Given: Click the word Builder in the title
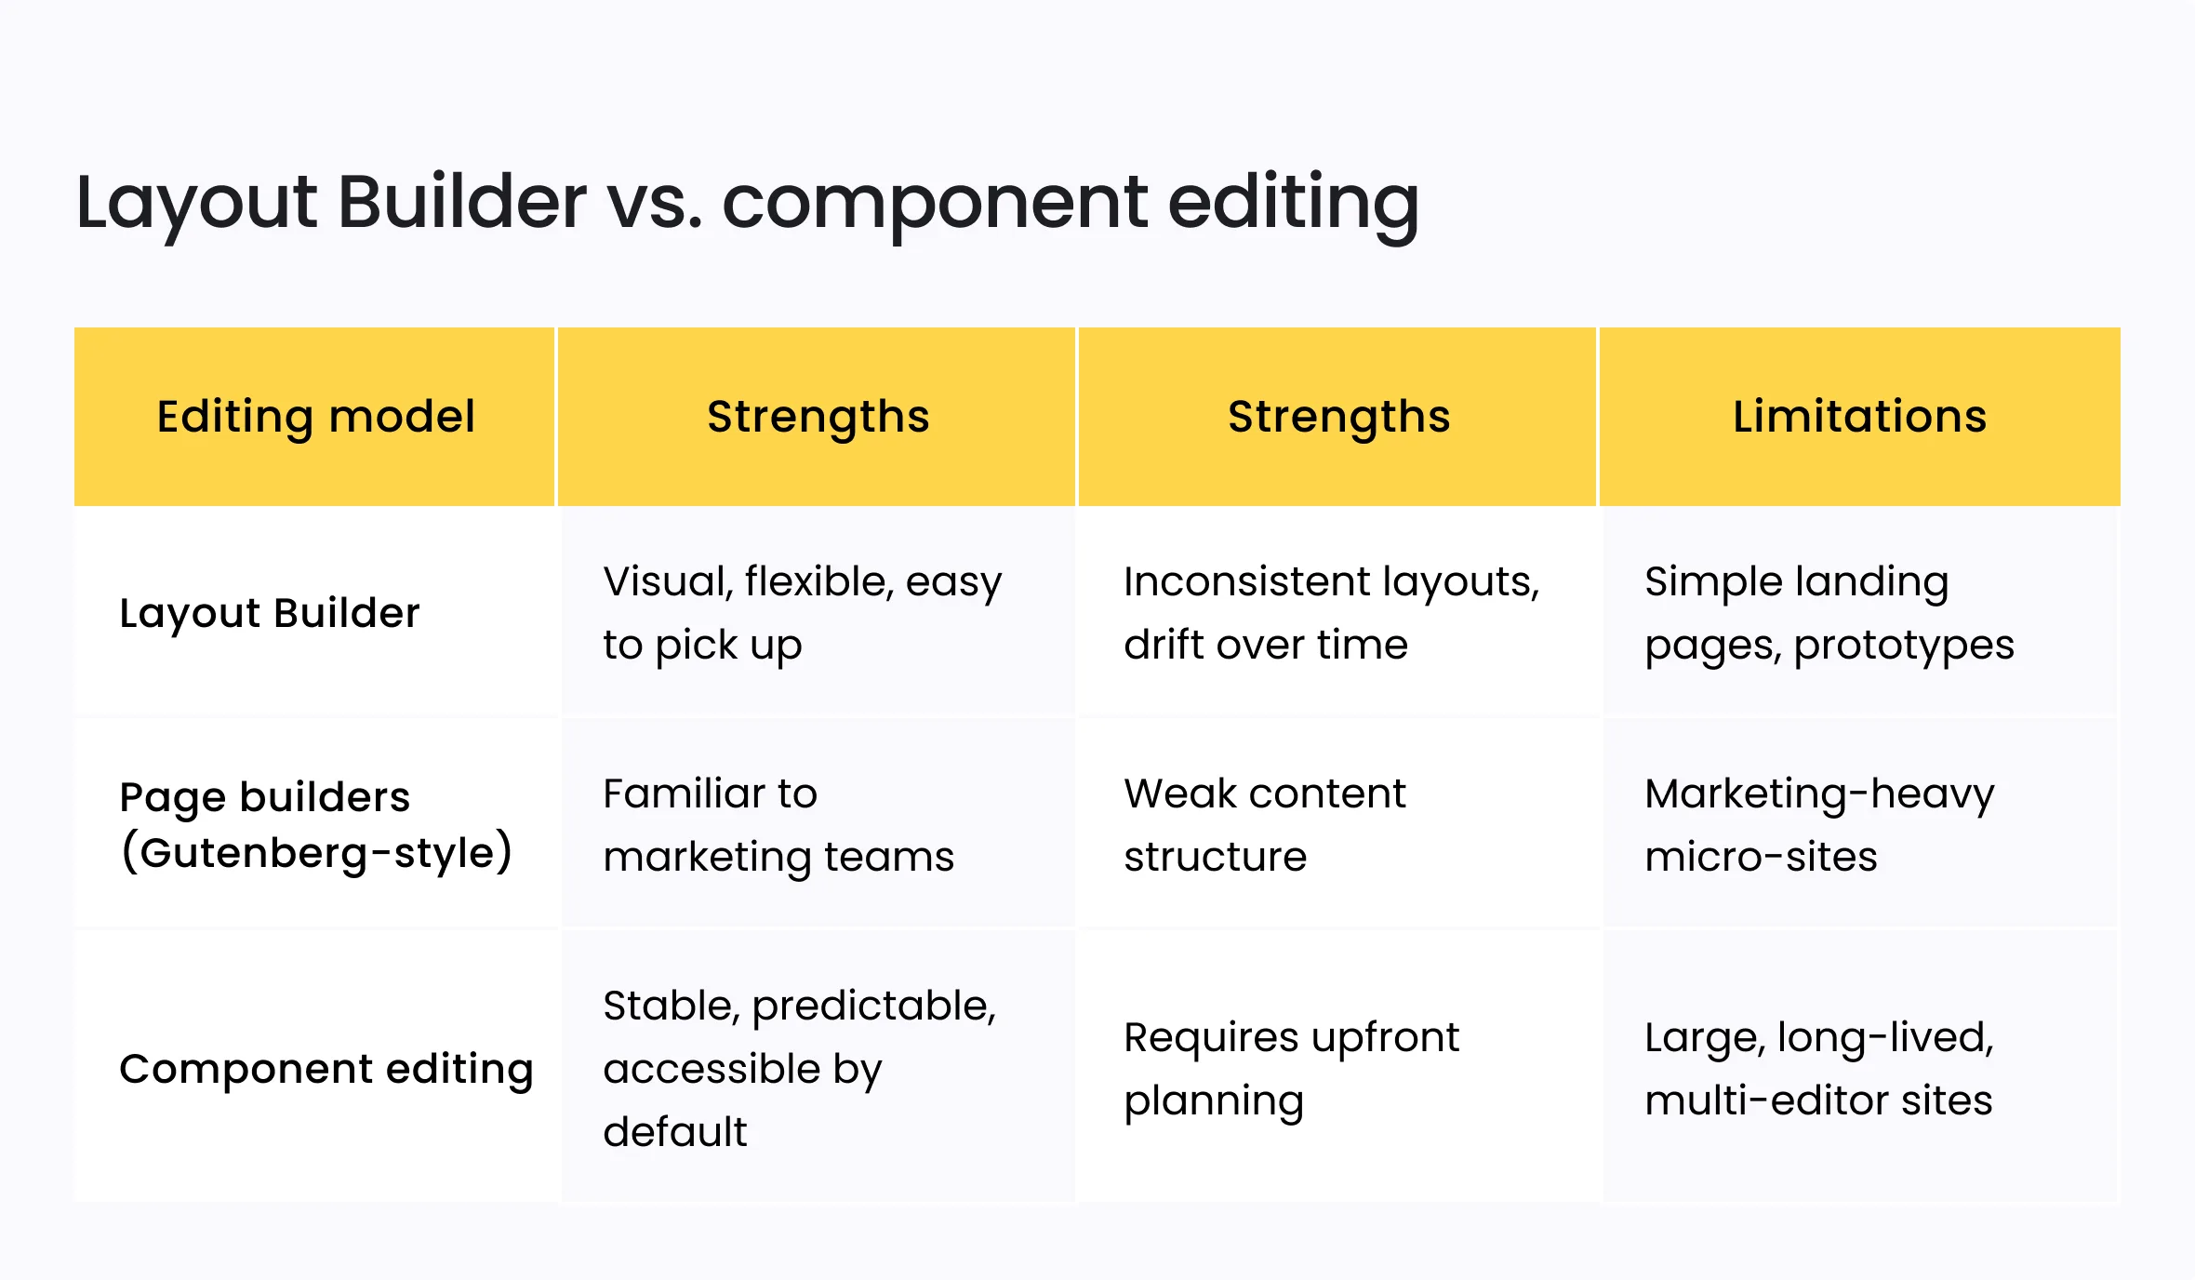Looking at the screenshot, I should click(x=461, y=202).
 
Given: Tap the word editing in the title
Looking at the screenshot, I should click(x=1293, y=202).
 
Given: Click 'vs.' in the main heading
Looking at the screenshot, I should click(x=654, y=202).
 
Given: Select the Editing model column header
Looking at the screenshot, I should click(x=315, y=416).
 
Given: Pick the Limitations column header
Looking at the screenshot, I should click(x=1859, y=416).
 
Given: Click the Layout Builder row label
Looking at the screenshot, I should click(x=270, y=613).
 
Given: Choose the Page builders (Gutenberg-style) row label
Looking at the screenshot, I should click(x=315, y=824).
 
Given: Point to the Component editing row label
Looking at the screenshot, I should click(x=326, y=1069).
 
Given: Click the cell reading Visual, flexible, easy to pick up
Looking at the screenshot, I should click(x=802, y=613).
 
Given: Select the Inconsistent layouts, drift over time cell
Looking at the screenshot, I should click(x=1331, y=613).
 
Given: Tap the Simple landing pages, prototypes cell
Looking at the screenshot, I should click(x=1829, y=613).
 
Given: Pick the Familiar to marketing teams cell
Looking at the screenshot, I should click(x=778, y=824).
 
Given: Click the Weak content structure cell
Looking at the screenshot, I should click(x=1264, y=824).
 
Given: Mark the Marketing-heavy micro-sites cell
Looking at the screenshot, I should click(x=1819, y=824).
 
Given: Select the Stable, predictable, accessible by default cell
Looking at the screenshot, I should click(x=799, y=1069).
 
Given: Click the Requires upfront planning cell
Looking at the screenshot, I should click(x=1291, y=1069).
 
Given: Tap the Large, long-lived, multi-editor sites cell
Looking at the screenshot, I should click(x=1818, y=1069).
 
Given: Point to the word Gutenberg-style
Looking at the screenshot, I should click(x=315, y=853).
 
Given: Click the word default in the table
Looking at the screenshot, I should click(x=674, y=1132).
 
